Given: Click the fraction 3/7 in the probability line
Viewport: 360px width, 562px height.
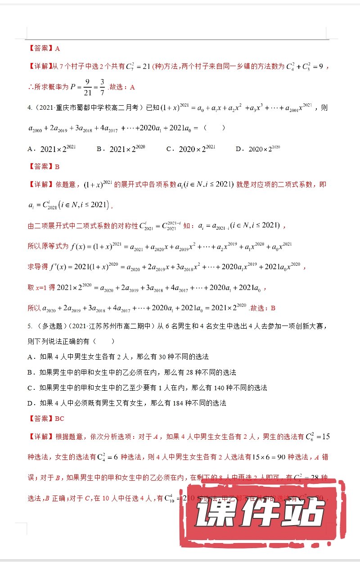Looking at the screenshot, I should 103,87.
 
